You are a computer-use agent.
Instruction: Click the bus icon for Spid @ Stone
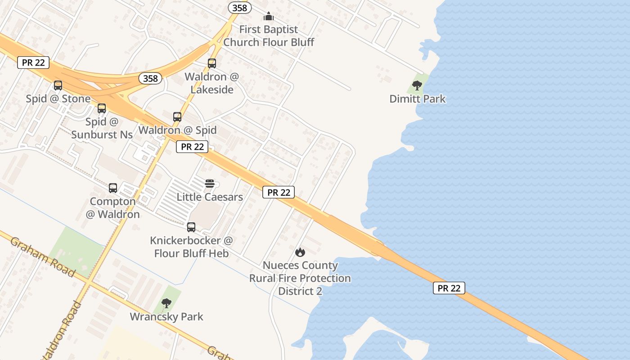(58, 85)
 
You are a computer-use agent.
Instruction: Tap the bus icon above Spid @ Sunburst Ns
(102, 108)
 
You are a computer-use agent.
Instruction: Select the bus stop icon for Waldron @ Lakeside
(212, 63)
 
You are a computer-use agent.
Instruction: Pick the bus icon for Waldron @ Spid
(177, 117)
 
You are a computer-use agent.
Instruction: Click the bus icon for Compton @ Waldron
(113, 188)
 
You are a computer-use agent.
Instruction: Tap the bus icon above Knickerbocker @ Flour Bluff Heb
(191, 227)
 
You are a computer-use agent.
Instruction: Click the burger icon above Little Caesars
(209, 183)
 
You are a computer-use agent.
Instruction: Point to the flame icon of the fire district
(300, 252)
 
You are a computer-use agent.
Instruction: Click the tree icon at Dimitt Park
(417, 85)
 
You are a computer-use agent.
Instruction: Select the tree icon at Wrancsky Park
(166, 303)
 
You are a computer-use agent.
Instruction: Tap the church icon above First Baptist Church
(269, 17)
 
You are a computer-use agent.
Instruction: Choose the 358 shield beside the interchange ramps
(150, 78)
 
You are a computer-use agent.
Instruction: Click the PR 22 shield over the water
(449, 288)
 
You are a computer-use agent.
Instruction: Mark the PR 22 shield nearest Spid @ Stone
(33, 63)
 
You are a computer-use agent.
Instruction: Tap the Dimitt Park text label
(417, 99)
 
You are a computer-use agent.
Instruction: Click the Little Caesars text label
(210, 197)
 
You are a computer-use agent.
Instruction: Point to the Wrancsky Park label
(166, 317)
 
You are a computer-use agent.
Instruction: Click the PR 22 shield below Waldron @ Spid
(192, 146)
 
